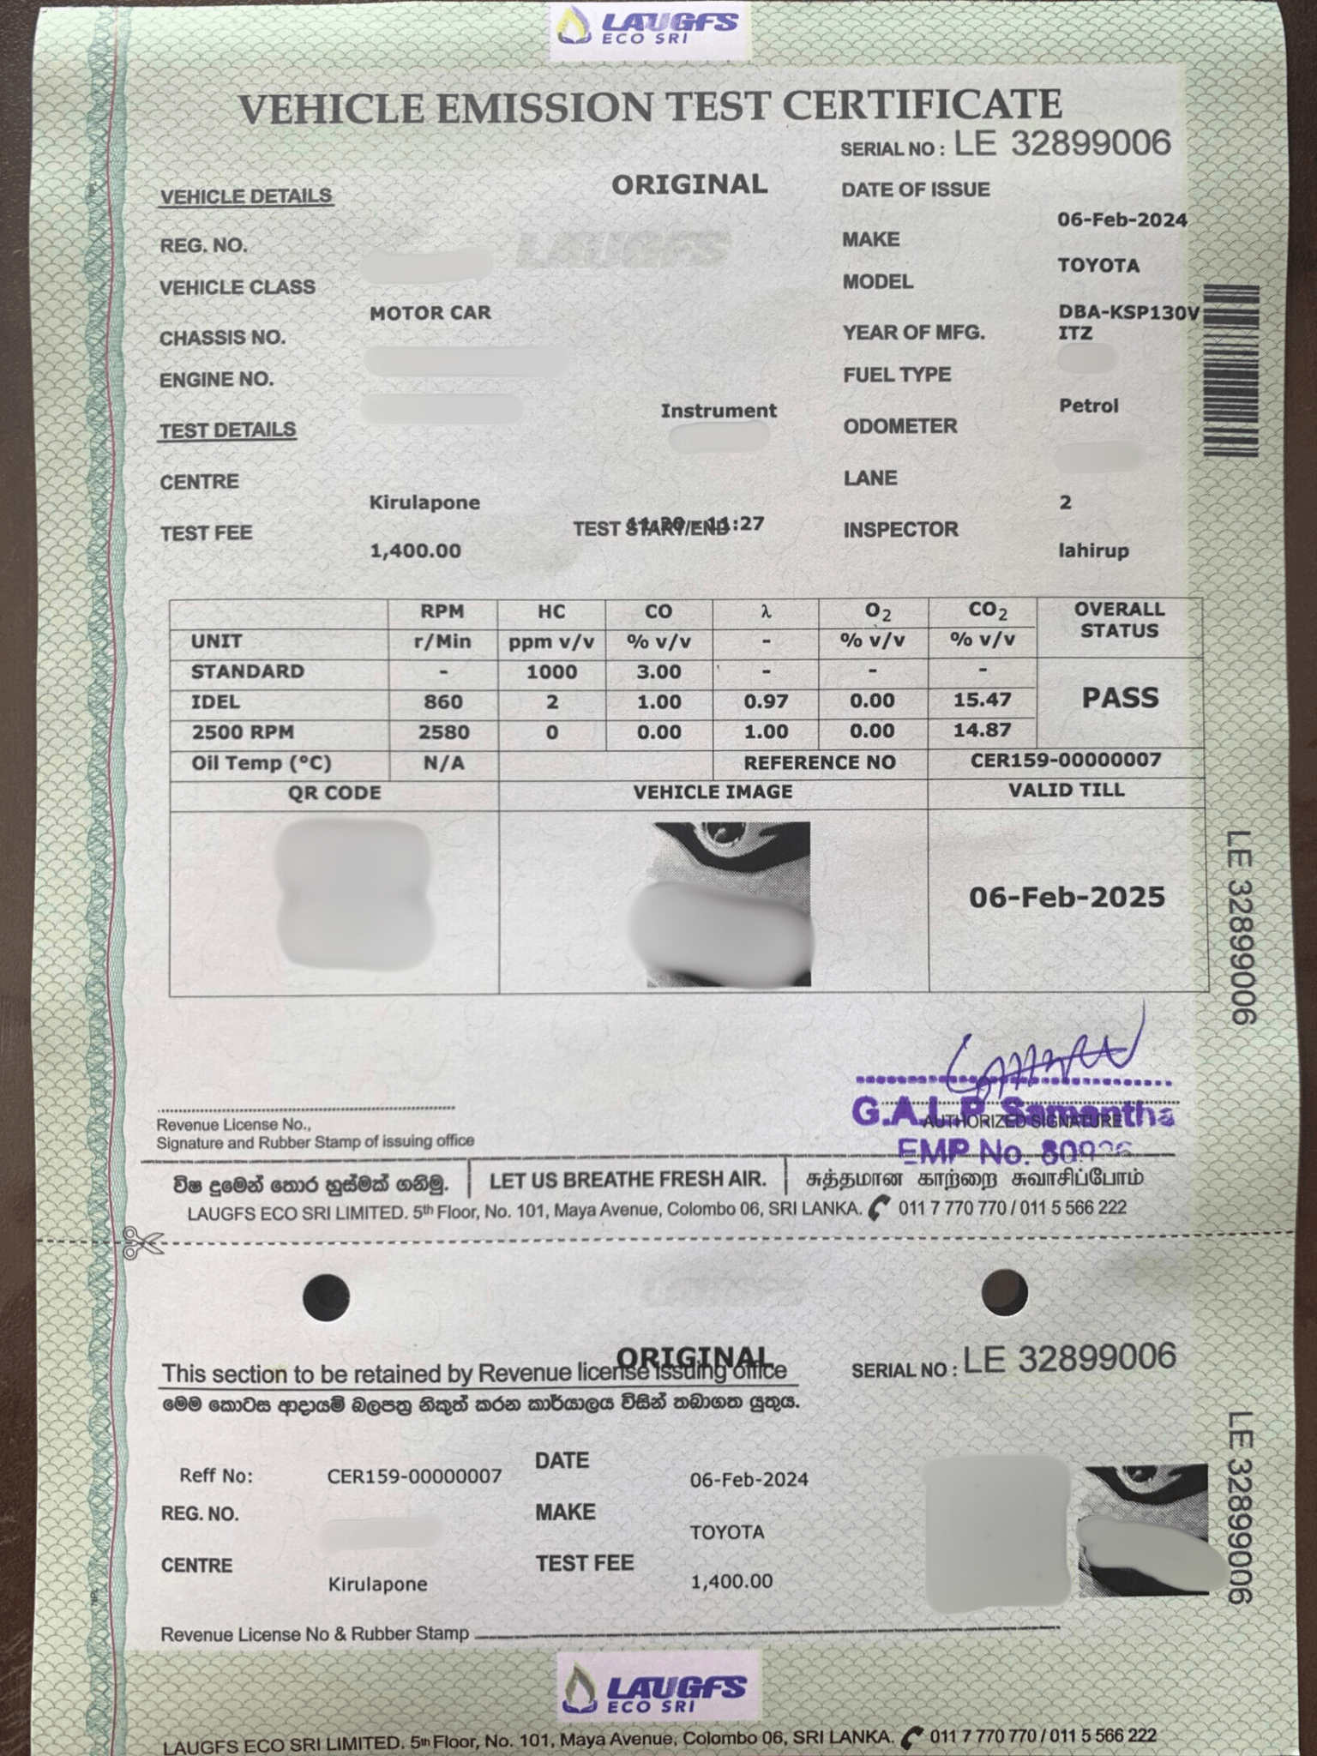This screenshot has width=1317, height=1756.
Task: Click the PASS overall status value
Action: [x=1120, y=698]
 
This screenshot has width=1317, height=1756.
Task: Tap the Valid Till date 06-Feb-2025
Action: [x=1067, y=898]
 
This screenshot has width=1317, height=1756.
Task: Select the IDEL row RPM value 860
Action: [x=442, y=702]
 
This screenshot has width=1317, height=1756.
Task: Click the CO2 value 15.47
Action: [x=983, y=701]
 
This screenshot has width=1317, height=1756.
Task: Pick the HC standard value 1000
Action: [x=551, y=672]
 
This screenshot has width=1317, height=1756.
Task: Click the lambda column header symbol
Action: [x=766, y=612]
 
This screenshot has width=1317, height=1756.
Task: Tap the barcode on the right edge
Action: [x=1231, y=370]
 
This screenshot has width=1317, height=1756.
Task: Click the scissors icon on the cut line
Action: [x=142, y=1242]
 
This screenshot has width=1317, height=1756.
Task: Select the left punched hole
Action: [x=327, y=1296]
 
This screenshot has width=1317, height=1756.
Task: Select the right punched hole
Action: [x=1004, y=1291]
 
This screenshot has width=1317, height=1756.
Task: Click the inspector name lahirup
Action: [x=1093, y=550]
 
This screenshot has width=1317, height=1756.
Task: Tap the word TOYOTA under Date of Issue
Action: [x=1098, y=266]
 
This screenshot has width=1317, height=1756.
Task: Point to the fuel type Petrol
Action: [x=1089, y=406]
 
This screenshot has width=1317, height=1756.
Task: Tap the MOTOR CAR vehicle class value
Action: [x=430, y=313]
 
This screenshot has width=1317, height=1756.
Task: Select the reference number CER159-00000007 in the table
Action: [x=1066, y=761]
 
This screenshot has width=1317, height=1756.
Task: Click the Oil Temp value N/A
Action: [x=443, y=763]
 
